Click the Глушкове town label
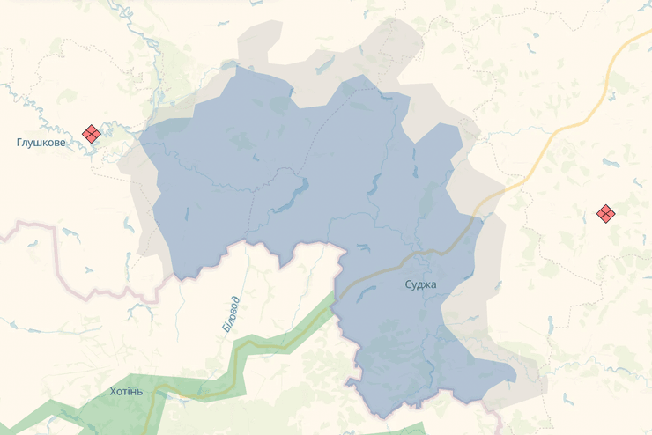click(41, 143)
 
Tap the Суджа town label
click(420, 284)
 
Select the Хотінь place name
click(125, 391)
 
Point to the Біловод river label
click(230, 313)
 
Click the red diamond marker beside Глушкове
click(91, 133)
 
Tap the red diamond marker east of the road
click(605, 213)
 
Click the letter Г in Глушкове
click(19, 143)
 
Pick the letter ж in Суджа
click(426, 284)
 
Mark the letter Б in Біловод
click(226, 328)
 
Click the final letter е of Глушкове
click(62, 143)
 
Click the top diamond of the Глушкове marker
click(91, 128)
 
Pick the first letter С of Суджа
click(408, 284)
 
